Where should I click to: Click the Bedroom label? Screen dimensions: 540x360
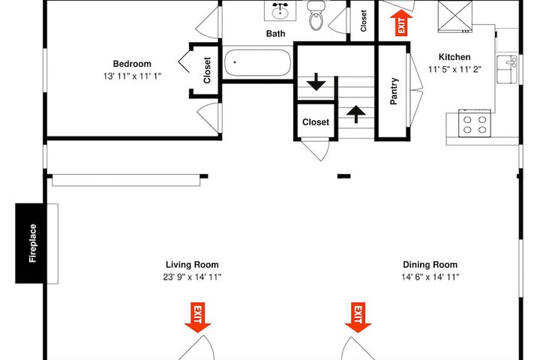[x=132, y=64]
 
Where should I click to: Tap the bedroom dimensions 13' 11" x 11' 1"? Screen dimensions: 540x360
[x=132, y=76]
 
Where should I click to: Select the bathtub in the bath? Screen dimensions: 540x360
[x=257, y=63]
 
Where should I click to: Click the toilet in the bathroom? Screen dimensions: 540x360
[x=316, y=15]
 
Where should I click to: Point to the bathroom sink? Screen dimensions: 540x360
[x=280, y=10]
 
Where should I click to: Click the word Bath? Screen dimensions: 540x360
[x=275, y=34]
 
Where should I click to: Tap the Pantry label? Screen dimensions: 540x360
[x=394, y=91]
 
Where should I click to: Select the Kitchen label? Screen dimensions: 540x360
[x=454, y=57]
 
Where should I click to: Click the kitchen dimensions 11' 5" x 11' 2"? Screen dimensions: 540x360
[x=454, y=69]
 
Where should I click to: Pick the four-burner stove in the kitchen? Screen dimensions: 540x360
[x=475, y=123]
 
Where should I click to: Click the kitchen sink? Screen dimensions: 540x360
[x=507, y=69]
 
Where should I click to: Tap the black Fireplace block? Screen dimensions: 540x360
[x=30, y=243]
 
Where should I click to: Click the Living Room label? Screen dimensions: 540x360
[x=192, y=265]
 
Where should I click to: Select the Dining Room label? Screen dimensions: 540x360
[x=430, y=265]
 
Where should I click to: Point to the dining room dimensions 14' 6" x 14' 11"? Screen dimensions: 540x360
[x=430, y=277]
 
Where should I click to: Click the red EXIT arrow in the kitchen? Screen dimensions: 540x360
[x=401, y=22]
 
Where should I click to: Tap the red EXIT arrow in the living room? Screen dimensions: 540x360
[x=198, y=317]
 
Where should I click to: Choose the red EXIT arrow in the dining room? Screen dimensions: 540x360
[x=358, y=317]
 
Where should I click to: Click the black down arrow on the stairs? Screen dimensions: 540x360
[x=316, y=82]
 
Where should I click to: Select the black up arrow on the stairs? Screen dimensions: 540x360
[x=355, y=114]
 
